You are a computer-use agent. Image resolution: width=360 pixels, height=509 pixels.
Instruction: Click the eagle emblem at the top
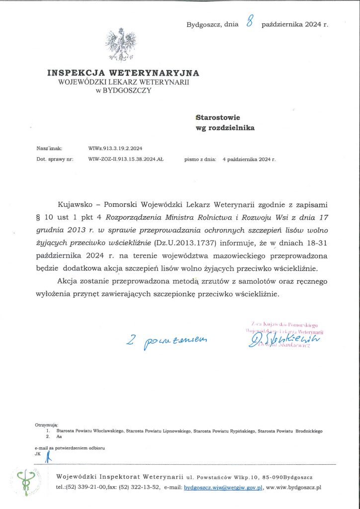point(121,45)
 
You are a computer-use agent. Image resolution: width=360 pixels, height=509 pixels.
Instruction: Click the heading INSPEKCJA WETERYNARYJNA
point(123,73)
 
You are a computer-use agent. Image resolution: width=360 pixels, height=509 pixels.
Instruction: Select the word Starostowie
point(218,118)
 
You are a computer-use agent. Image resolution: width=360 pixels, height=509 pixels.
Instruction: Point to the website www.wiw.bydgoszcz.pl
point(294,488)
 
